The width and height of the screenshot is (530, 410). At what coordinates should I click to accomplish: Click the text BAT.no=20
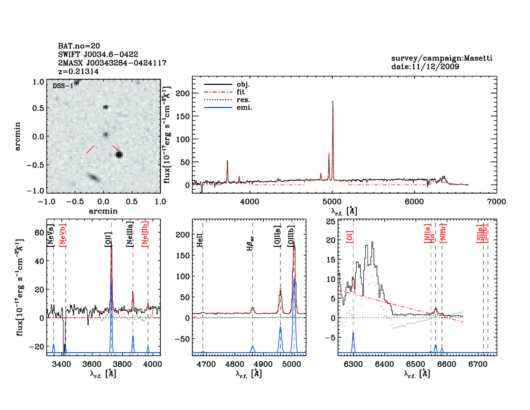click(x=79, y=46)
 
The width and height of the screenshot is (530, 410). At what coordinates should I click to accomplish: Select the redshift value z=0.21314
click(x=78, y=71)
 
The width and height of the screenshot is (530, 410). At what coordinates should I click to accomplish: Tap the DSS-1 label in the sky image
click(x=63, y=86)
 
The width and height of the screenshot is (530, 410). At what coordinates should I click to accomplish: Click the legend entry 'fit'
click(x=241, y=92)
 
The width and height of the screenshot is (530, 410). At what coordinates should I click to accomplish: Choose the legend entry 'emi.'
click(x=244, y=107)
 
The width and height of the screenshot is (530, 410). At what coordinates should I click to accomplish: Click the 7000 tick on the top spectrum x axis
click(x=496, y=202)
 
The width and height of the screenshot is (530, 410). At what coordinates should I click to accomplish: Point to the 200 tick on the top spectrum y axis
click(x=183, y=93)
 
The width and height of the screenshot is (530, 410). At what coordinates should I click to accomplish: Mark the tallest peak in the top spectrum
click(x=333, y=102)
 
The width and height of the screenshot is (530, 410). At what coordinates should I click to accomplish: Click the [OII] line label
click(x=108, y=239)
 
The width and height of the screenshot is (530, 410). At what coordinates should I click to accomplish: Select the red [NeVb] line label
click(x=63, y=235)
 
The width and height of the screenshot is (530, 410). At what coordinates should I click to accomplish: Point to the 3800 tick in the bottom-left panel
click(x=122, y=364)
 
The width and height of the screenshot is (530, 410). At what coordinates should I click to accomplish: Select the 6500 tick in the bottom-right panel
click(x=416, y=364)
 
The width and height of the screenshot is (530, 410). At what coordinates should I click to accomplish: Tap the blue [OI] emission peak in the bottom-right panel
click(x=353, y=333)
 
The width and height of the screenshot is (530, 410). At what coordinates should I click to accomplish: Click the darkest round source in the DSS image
click(x=119, y=155)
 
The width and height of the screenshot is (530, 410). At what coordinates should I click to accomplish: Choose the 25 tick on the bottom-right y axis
click(x=331, y=222)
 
